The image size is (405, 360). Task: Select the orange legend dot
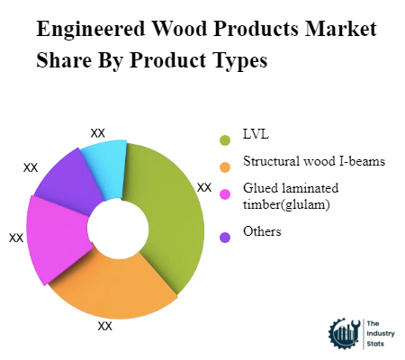pos(224,166)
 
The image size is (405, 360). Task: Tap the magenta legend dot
pos(224,193)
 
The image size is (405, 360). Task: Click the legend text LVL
pos(256,136)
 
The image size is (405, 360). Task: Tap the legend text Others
pos(262,232)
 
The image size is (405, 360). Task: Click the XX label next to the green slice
pos(204,188)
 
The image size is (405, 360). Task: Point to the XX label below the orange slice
pos(105,327)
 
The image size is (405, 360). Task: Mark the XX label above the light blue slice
pos(98,132)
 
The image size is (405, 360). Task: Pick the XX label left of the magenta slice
pos(16,238)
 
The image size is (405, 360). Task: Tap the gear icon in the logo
pos(344,334)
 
